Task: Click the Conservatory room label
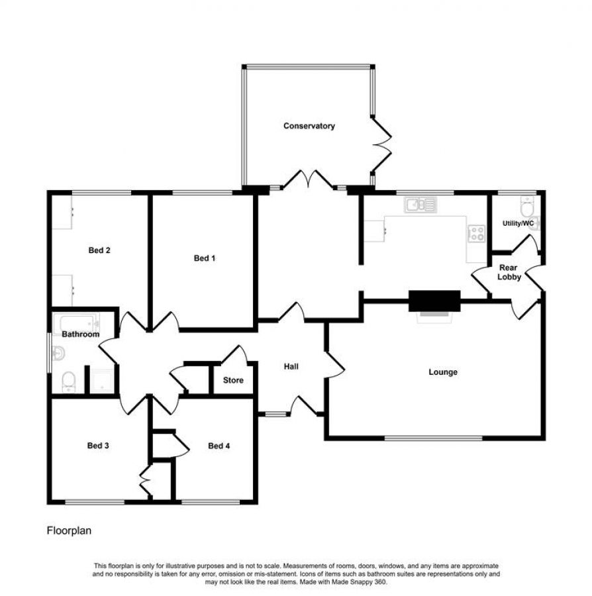point(309,126)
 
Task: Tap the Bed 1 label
point(205,258)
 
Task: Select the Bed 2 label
point(99,250)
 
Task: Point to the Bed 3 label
point(98,446)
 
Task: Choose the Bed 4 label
point(219,446)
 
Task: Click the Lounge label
point(443,372)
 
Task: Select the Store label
point(233,380)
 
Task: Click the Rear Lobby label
point(510,272)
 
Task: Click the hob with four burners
point(475,232)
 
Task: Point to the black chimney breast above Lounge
point(434,300)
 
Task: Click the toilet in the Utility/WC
point(527,206)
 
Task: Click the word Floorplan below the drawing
point(68,530)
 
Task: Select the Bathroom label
point(81,334)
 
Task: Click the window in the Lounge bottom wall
point(434,437)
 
